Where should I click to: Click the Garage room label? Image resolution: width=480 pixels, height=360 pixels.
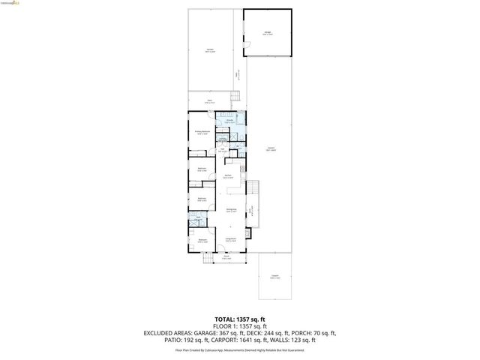click(268, 33)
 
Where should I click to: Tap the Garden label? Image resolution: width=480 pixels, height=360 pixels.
click(210, 51)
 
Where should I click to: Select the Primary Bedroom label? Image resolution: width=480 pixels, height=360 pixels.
click(201, 133)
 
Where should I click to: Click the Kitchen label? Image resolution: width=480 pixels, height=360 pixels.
click(226, 177)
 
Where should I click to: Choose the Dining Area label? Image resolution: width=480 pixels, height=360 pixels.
click(232, 211)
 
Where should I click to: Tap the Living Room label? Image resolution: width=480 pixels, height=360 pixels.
click(231, 240)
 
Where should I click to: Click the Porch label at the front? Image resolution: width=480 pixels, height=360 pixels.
click(226, 257)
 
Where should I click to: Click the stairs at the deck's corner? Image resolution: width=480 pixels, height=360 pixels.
click(235, 96)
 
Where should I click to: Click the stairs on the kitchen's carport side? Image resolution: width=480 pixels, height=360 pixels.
click(253, 187)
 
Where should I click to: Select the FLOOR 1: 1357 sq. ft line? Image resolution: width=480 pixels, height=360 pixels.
click(239, 327)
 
